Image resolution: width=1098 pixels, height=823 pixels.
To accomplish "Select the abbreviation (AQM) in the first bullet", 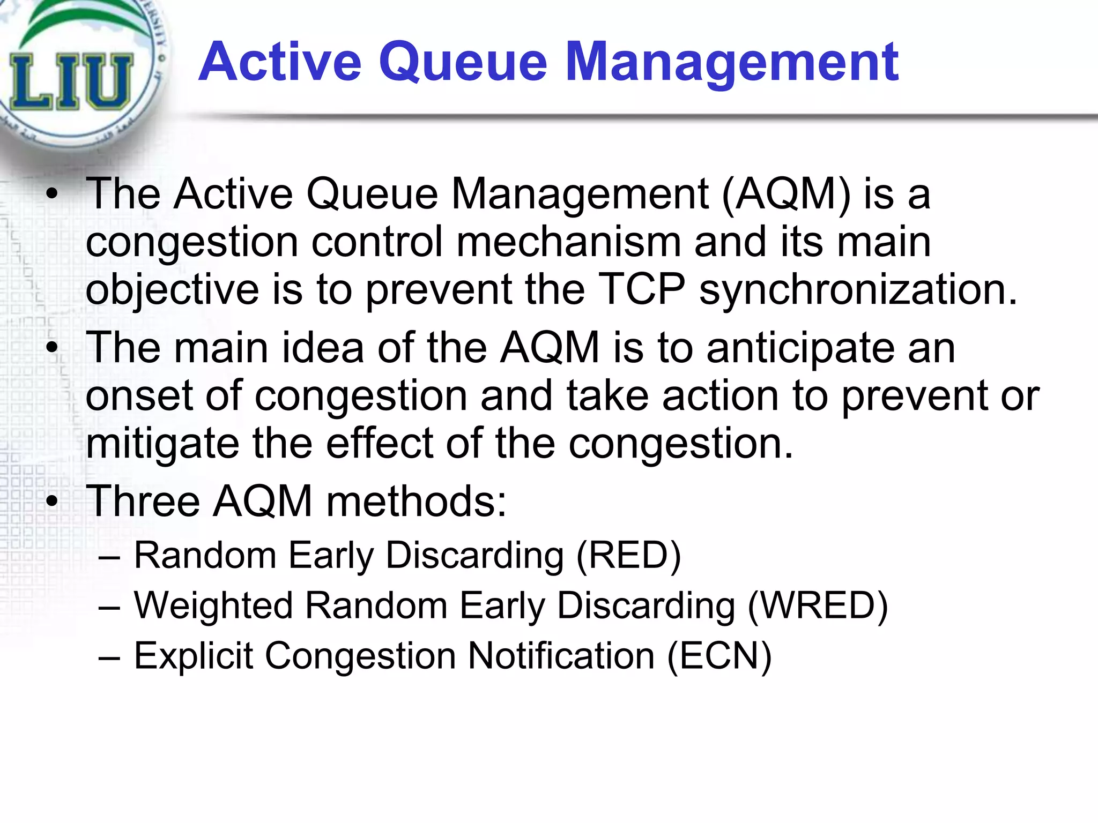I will coord(786,193).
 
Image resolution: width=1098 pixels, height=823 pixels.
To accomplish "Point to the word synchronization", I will coord(858,290).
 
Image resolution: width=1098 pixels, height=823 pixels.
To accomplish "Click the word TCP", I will coord(641,289).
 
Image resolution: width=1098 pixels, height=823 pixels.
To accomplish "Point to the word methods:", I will coord(416,502).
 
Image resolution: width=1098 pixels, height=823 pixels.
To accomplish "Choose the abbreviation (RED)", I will coord(628,555).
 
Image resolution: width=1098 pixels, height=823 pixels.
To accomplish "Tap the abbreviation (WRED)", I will coord(818,605).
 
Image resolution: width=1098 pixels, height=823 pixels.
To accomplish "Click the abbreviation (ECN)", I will coord(719,656).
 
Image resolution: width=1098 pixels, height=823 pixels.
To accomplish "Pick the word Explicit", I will coord(193,656).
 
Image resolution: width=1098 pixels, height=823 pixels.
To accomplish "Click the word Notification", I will coord(561,656).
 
